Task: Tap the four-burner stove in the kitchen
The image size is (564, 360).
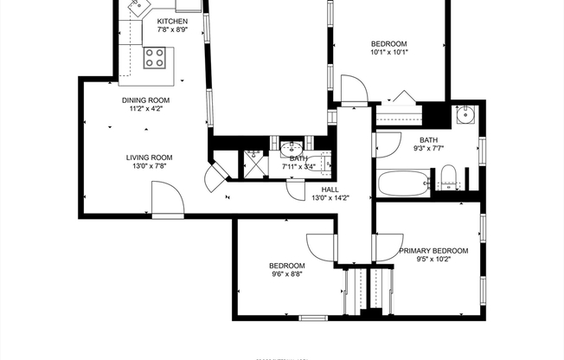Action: tap(155, 59)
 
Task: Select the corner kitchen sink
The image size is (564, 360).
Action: tap(138, 8)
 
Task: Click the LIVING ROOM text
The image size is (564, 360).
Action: tap(149, 157)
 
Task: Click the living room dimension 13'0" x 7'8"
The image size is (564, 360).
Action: tap(149, 167)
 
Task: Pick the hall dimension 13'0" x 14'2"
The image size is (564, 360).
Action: tap(330, 198)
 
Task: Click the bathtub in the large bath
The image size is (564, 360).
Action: tap(403, 183)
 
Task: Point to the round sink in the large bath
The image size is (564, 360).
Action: tap(465, 114)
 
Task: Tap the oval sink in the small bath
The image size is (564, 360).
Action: tap(289, 148)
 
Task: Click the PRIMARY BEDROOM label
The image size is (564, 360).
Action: tap(433, 251)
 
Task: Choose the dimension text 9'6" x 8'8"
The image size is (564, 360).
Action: tap(285, 275)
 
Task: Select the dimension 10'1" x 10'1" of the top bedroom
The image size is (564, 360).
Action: tap(388, 53)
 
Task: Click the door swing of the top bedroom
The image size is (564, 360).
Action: tap(352, 87)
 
